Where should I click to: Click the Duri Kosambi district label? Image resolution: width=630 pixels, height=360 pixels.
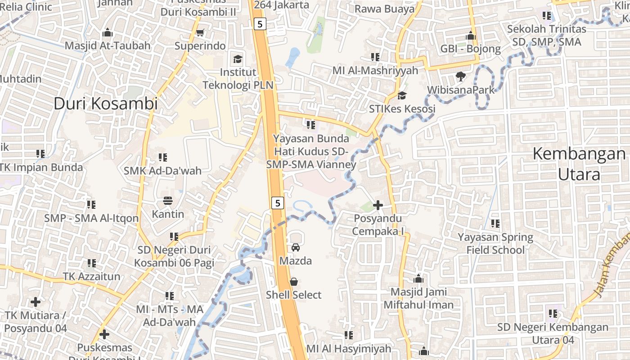(x=106, y=103)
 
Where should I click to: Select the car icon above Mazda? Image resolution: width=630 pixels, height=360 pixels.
(x=296, y=247)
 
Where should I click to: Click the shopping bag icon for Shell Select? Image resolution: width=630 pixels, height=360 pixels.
(x=294, y=282)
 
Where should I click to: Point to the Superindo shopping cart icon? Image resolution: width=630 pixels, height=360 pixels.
(x=200, y=32)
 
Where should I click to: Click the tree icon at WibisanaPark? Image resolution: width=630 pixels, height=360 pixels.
(x=460, y=76)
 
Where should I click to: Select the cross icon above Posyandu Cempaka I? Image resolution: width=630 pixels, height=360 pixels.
(x=378, y=205)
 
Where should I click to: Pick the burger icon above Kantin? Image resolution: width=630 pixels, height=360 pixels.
(x=168, y=200)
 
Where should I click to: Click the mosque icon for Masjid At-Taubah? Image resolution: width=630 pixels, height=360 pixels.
(x=108, y=32)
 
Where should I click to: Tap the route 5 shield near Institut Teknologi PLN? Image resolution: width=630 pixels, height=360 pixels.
(x=260, y=24)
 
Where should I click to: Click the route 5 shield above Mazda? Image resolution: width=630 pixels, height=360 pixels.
(x=278, y=203)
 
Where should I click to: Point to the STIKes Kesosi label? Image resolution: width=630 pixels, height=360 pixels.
(x=402, y=109)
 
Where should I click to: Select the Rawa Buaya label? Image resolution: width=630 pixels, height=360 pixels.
(x=384, y=9)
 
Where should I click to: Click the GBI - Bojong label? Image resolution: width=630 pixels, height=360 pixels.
(x=470, y=49)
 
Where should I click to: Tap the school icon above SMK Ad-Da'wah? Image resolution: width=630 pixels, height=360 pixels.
(x=162, y=157)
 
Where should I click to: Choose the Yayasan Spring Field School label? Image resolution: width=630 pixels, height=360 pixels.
(x=495, y=243)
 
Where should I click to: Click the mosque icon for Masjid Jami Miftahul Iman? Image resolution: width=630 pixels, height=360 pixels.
(x=418, y=279)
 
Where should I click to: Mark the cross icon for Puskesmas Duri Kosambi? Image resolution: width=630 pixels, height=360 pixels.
(x=104, y=334)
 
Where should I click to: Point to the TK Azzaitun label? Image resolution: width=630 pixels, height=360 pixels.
(x=91, y=276)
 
